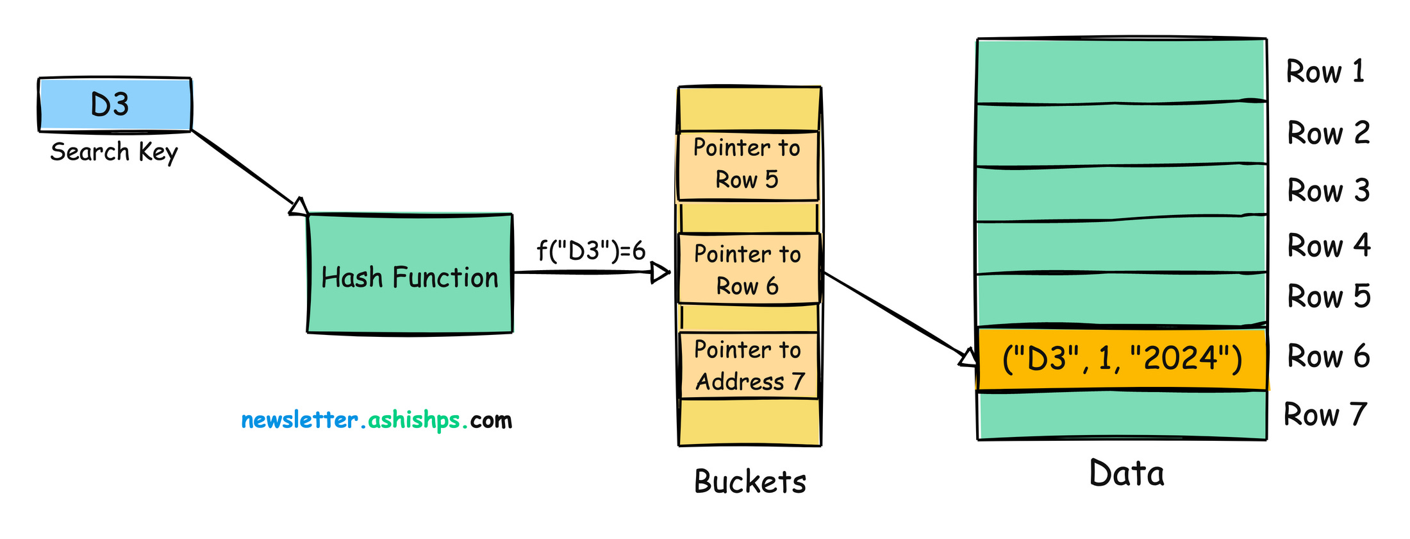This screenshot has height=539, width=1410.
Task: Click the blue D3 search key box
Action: (x=115, y=105)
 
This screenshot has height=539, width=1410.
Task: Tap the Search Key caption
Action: (x=114, y=153)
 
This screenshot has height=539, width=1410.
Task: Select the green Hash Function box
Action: (x=410, y=274)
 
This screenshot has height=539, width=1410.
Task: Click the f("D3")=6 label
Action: (x=591, y=251)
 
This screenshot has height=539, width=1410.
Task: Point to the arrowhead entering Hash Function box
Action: (x=299, y=207)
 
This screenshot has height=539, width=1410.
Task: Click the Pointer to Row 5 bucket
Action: (x=747, y=165)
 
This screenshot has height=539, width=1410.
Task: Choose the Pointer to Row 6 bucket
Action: (x=749, y=269)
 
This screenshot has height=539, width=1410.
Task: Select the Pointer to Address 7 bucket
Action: (x=749, y=366)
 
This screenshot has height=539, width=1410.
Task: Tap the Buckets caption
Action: (x=750, y=482)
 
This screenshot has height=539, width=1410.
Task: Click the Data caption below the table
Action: (x=1127, y=474)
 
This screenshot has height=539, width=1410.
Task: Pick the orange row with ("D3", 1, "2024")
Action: (x=1122, y=359)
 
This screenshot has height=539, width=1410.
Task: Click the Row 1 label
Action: (x=1325, y=72)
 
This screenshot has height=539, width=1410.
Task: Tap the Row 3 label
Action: (x=1329, y=191)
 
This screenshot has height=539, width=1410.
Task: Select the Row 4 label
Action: (x=1329, y=246)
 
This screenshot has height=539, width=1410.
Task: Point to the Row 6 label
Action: (x=1329, y=357)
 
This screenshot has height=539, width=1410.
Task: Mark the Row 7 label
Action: (x=1325, y=415)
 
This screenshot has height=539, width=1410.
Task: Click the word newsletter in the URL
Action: (x=299, y=420)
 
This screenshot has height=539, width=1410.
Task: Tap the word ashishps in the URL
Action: (x=414, y=420)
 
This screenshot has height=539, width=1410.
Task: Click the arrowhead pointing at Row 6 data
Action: (x=968, y=357)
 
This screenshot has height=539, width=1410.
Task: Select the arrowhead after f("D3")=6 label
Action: (x=660, y=273)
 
